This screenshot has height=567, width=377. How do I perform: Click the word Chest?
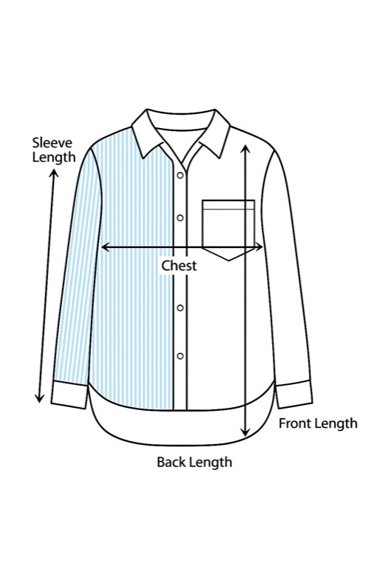(x=179, y=266)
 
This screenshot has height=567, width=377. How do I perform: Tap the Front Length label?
(x=318, y=423)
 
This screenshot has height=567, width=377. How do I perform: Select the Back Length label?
(x=194, y=462)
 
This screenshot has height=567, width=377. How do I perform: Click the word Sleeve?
(x=52, y=142)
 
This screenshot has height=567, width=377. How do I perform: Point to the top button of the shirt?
(x=180, y=175)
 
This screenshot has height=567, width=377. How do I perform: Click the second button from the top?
(x=180, y=218)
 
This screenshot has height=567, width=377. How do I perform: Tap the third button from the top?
(x=180, y=308)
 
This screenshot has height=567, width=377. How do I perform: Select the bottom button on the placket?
(x=180, y=356)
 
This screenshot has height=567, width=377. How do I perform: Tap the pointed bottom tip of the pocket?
(x=229, y=261)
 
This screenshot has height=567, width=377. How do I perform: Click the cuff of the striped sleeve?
(x=69, y=394)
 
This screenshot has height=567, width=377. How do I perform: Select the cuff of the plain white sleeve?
(x=294, y=394)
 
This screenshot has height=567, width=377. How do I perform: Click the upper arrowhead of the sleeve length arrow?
(x=54, y=172)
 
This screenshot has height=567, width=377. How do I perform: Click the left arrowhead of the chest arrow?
(x=104, y=247)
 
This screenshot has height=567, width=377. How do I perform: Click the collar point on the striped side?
(x=143, y=158)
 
